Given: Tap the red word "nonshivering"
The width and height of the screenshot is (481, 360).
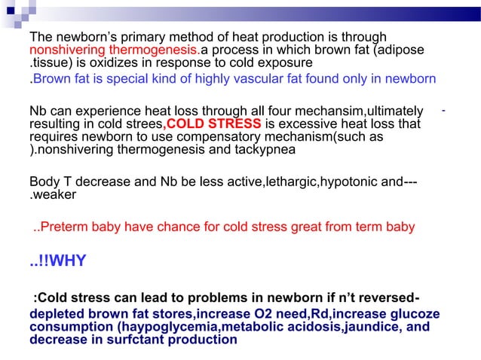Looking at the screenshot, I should coord(64,50).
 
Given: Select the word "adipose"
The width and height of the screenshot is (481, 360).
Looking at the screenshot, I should coord(403,50).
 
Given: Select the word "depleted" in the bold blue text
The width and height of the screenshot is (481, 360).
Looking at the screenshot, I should coord(54,314).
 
